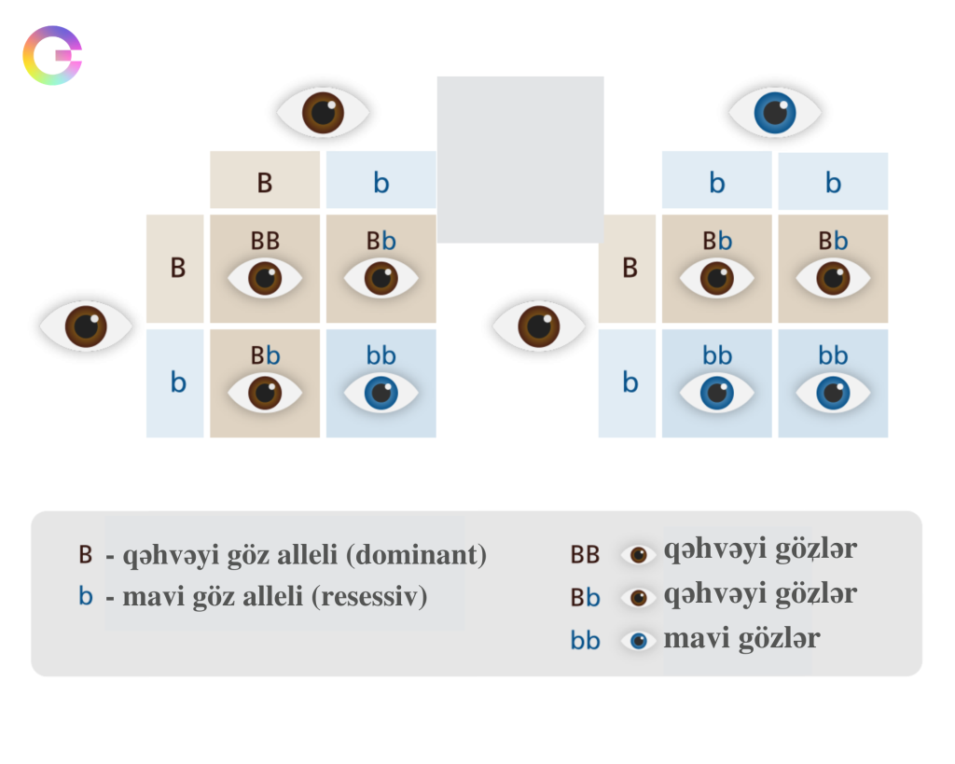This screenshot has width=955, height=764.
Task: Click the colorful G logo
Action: [53, 56]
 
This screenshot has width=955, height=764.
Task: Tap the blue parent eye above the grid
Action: [775, 112]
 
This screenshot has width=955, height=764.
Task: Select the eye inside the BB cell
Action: [265, 278]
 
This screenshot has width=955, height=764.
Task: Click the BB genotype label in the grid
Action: [265, 241]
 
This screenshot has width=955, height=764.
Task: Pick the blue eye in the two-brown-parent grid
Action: [381, 393]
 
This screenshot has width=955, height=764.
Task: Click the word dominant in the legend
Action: [416, 556]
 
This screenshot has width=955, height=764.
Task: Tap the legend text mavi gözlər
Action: [741, 639]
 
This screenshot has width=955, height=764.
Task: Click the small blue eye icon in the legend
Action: [639, 641]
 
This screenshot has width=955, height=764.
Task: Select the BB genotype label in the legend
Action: [585, 555]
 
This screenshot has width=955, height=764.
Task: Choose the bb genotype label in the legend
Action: [585, 642]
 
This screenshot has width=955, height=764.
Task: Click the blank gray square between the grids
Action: [519, 160]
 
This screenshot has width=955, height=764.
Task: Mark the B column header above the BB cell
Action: [265, 182]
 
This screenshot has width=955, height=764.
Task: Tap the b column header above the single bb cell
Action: [381, 182]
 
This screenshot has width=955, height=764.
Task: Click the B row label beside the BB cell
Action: [177, 268]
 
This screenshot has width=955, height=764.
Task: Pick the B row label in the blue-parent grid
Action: [630, 268]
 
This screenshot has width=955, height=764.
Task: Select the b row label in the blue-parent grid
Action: [630, 382]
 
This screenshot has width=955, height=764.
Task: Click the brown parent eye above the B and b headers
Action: [323, 112]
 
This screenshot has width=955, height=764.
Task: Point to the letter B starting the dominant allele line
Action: [86, 555]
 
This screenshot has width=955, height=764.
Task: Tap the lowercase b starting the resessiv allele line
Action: [86, 596]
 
